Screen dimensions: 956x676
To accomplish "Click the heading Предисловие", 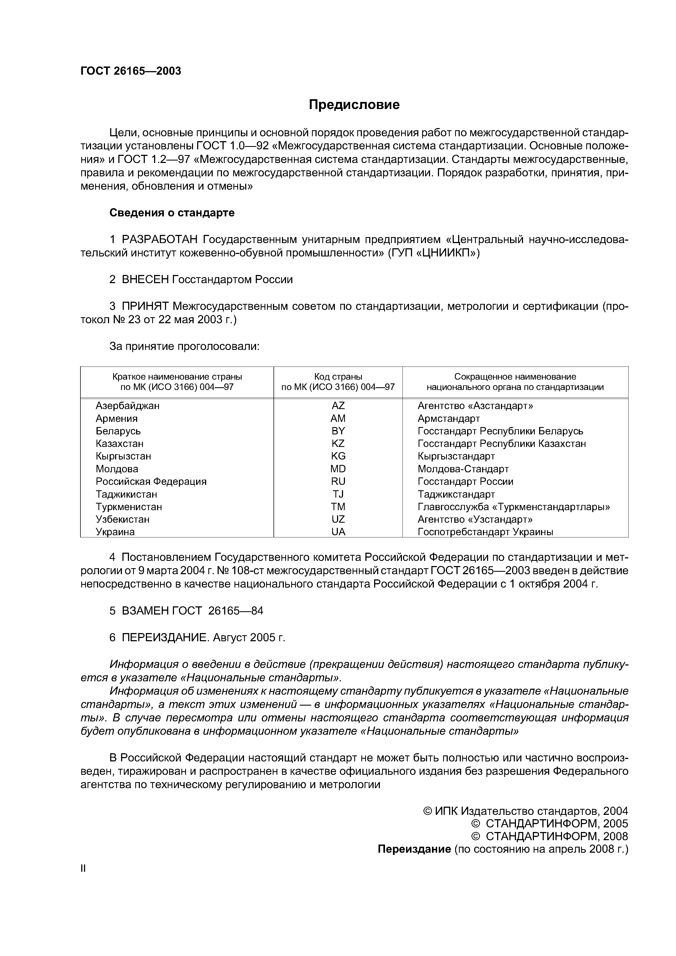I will coord(354,104).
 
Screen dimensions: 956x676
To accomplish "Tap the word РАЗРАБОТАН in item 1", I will coord(160,240).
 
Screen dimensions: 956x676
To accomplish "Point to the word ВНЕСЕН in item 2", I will coord(145,279).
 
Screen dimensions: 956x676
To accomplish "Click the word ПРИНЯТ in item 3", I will coord(145,307).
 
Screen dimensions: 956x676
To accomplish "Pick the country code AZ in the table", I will coord(338,406).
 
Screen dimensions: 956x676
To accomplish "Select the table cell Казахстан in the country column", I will coord(119,443).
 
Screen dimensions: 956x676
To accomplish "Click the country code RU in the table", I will coord(338,481).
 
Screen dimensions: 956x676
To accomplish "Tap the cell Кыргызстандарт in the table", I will coord(456,456).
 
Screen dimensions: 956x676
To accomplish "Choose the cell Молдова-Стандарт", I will coord(463,469).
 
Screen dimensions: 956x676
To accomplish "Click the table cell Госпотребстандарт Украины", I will coord(485,532).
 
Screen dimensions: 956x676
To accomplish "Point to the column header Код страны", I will coord(338,376).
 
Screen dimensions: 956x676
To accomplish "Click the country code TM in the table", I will coord(338,507).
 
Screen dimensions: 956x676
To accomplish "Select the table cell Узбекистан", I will coord(122,519).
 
